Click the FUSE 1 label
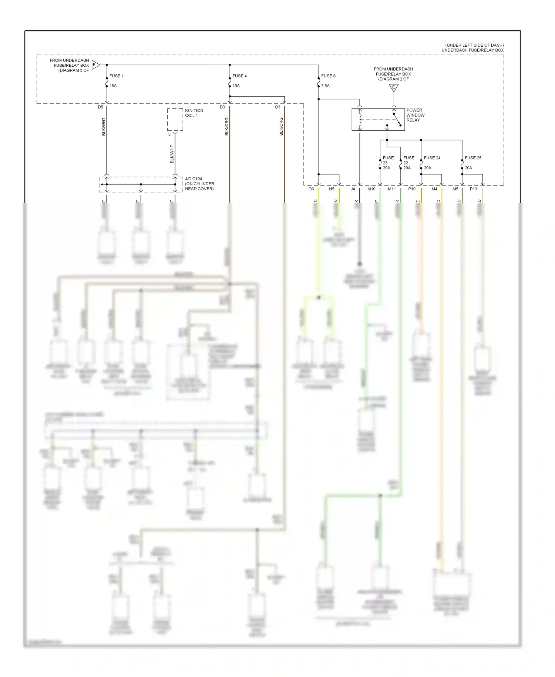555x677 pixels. point(116,76)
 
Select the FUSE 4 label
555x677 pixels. point(239,76)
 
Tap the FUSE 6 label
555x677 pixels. point(328,76)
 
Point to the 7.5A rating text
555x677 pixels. point(325,86)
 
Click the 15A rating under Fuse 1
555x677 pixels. point(113,86)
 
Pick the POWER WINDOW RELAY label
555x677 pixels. point(415,115)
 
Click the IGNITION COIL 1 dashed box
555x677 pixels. point(175,119)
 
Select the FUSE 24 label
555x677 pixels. point(432,158)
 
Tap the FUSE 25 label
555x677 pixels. point(473,158)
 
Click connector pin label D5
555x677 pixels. point(100,107)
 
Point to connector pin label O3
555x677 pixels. point(277,107)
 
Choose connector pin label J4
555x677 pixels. point(353,189)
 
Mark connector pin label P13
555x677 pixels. point(473,189)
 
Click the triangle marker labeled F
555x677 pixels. point(95,65)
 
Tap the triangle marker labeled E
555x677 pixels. point(394,87)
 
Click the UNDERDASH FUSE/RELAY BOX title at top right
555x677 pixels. point(472,50)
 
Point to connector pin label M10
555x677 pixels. point(371,189)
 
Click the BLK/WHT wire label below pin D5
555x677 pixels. point(104,127)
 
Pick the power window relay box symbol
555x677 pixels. point(378,119)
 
